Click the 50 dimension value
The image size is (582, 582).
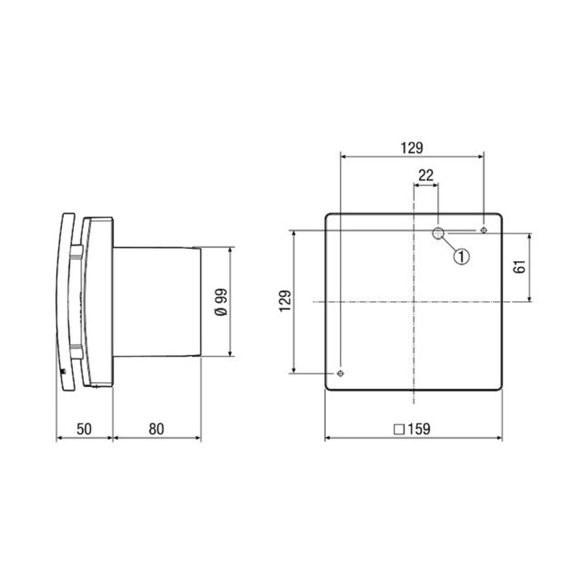click(84, 428)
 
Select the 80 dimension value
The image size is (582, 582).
click(156, 428)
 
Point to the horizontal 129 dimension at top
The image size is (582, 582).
click(411, 148)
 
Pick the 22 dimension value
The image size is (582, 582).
click(426, 175)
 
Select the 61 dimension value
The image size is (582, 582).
click(519, 266)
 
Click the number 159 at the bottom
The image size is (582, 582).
click(419, 428)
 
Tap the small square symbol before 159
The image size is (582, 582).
click(398, 429)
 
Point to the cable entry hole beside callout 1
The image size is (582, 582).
click(439, 233)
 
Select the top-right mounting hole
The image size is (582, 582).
click(484, 231)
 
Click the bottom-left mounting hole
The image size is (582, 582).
click(340, 373)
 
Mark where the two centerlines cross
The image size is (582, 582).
click(413, 301)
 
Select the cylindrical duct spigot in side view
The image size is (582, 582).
click(156, 301)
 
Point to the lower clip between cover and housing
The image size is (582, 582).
click(76, 351)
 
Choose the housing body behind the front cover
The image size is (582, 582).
click(99, 301)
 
